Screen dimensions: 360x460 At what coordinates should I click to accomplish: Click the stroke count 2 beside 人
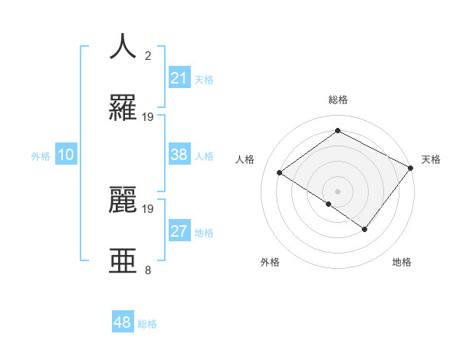pos(148,56)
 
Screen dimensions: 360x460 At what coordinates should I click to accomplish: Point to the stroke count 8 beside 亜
pos(148,270)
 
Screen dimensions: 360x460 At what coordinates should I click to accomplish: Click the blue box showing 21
pos(179,78)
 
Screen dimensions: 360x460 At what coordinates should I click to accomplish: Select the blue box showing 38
pos(179,155)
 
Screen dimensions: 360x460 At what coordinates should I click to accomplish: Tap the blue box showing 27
pos(179,231)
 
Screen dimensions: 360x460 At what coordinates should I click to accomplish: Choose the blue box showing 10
pos(66,155)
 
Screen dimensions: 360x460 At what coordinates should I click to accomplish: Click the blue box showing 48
pos(123,322)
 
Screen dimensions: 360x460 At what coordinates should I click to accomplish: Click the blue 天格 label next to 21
pos(204,79)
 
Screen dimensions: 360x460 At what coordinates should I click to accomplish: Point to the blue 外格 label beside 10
pos(41,155)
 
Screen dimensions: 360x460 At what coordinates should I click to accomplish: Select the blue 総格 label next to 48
pos(147,323)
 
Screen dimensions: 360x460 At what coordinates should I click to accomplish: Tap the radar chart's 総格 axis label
pos(338,100)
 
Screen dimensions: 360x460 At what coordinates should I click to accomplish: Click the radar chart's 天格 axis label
pos(432,159)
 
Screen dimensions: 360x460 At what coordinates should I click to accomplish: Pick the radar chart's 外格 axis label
pos(270,262)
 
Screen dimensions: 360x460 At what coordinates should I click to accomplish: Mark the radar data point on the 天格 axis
pos(411,168)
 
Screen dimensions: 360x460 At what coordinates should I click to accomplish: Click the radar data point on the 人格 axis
pos(280,172)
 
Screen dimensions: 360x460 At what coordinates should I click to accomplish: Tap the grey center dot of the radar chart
pos(338,191)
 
